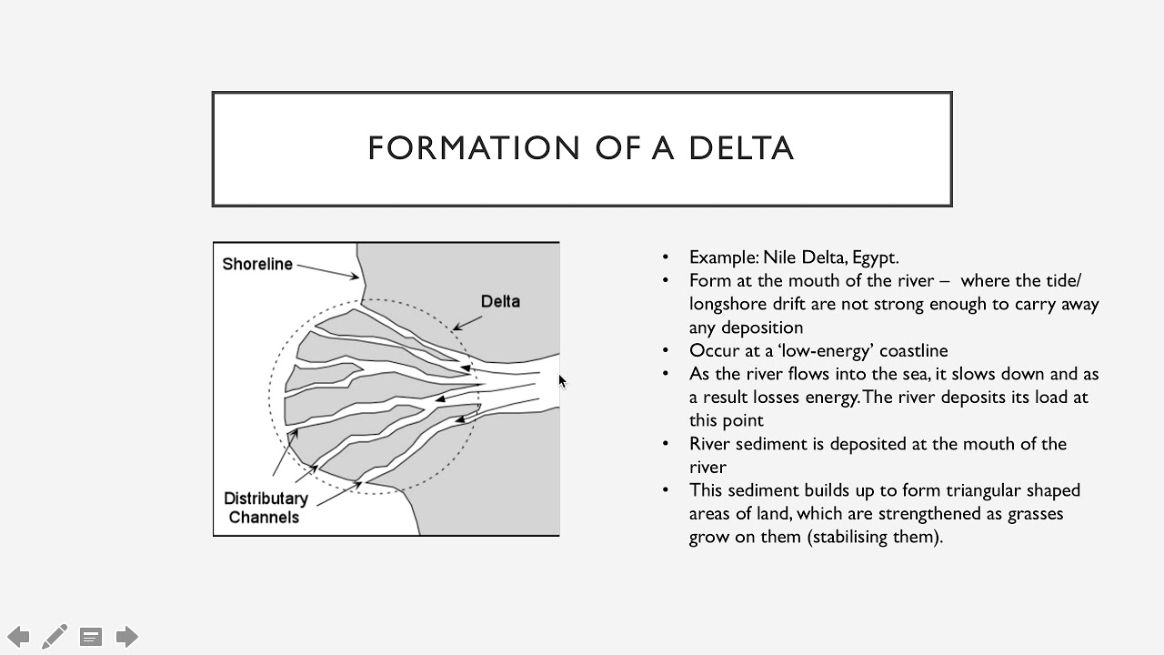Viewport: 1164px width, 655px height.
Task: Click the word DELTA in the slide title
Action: [x=741, y=148]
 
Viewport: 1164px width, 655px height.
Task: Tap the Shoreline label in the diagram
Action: [x=257, y=264]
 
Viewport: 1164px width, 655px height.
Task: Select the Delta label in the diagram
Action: [x=500, y=301]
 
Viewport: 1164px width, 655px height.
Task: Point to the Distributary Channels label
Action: [x=266, y=508]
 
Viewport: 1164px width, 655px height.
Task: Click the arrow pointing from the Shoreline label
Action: [x=328, y=271]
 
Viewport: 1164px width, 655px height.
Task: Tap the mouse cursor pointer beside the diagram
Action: [x=562, y=381]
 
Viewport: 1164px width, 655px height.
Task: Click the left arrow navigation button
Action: [x=18, y=636]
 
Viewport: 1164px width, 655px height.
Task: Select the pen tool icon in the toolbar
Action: [x=54, y=636]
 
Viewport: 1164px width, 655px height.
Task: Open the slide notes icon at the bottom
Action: [x=91, y=637]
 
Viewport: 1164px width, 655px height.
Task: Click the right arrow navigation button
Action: [x=127, y=636]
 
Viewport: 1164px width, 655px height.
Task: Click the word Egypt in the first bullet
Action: [x=874, y=257]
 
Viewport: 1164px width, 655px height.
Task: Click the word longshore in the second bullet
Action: [x=726, y=304]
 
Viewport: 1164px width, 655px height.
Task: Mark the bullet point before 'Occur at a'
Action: [x=666, y=351]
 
